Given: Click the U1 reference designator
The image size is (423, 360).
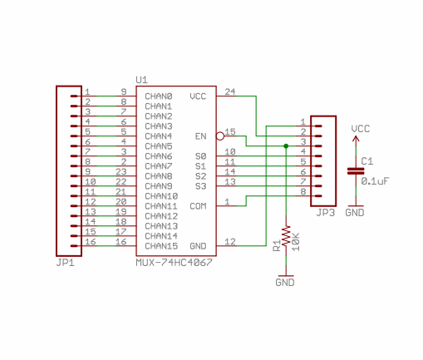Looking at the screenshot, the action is (141, 80).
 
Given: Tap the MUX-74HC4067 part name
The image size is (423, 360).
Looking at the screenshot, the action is (174, 262).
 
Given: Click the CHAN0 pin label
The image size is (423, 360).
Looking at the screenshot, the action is (159, 96).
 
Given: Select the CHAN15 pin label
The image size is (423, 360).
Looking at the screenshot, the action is (161, 246).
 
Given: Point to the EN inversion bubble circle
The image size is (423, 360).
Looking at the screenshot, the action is (220, 136).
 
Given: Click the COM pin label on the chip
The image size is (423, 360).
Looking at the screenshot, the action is (198, 206).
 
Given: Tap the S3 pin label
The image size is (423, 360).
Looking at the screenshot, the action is (201, 186).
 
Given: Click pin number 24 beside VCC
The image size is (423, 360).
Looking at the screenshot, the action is (230, 91).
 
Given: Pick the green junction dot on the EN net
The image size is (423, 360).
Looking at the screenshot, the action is (286, 146).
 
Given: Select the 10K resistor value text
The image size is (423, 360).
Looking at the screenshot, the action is (296, 242).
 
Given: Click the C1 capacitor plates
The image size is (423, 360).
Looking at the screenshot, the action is (356, 171).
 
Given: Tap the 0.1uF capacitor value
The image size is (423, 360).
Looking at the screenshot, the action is (375, 181).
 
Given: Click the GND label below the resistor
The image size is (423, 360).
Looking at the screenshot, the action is (285, 283).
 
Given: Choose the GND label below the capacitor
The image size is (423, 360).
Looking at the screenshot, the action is (355, 213).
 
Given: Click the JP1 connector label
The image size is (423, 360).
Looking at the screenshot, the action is (66, 262).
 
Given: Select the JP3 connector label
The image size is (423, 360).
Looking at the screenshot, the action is (326, 213).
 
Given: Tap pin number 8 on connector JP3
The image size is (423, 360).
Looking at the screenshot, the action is (303, 191).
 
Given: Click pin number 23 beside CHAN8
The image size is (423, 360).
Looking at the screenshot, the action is (121, 171).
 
